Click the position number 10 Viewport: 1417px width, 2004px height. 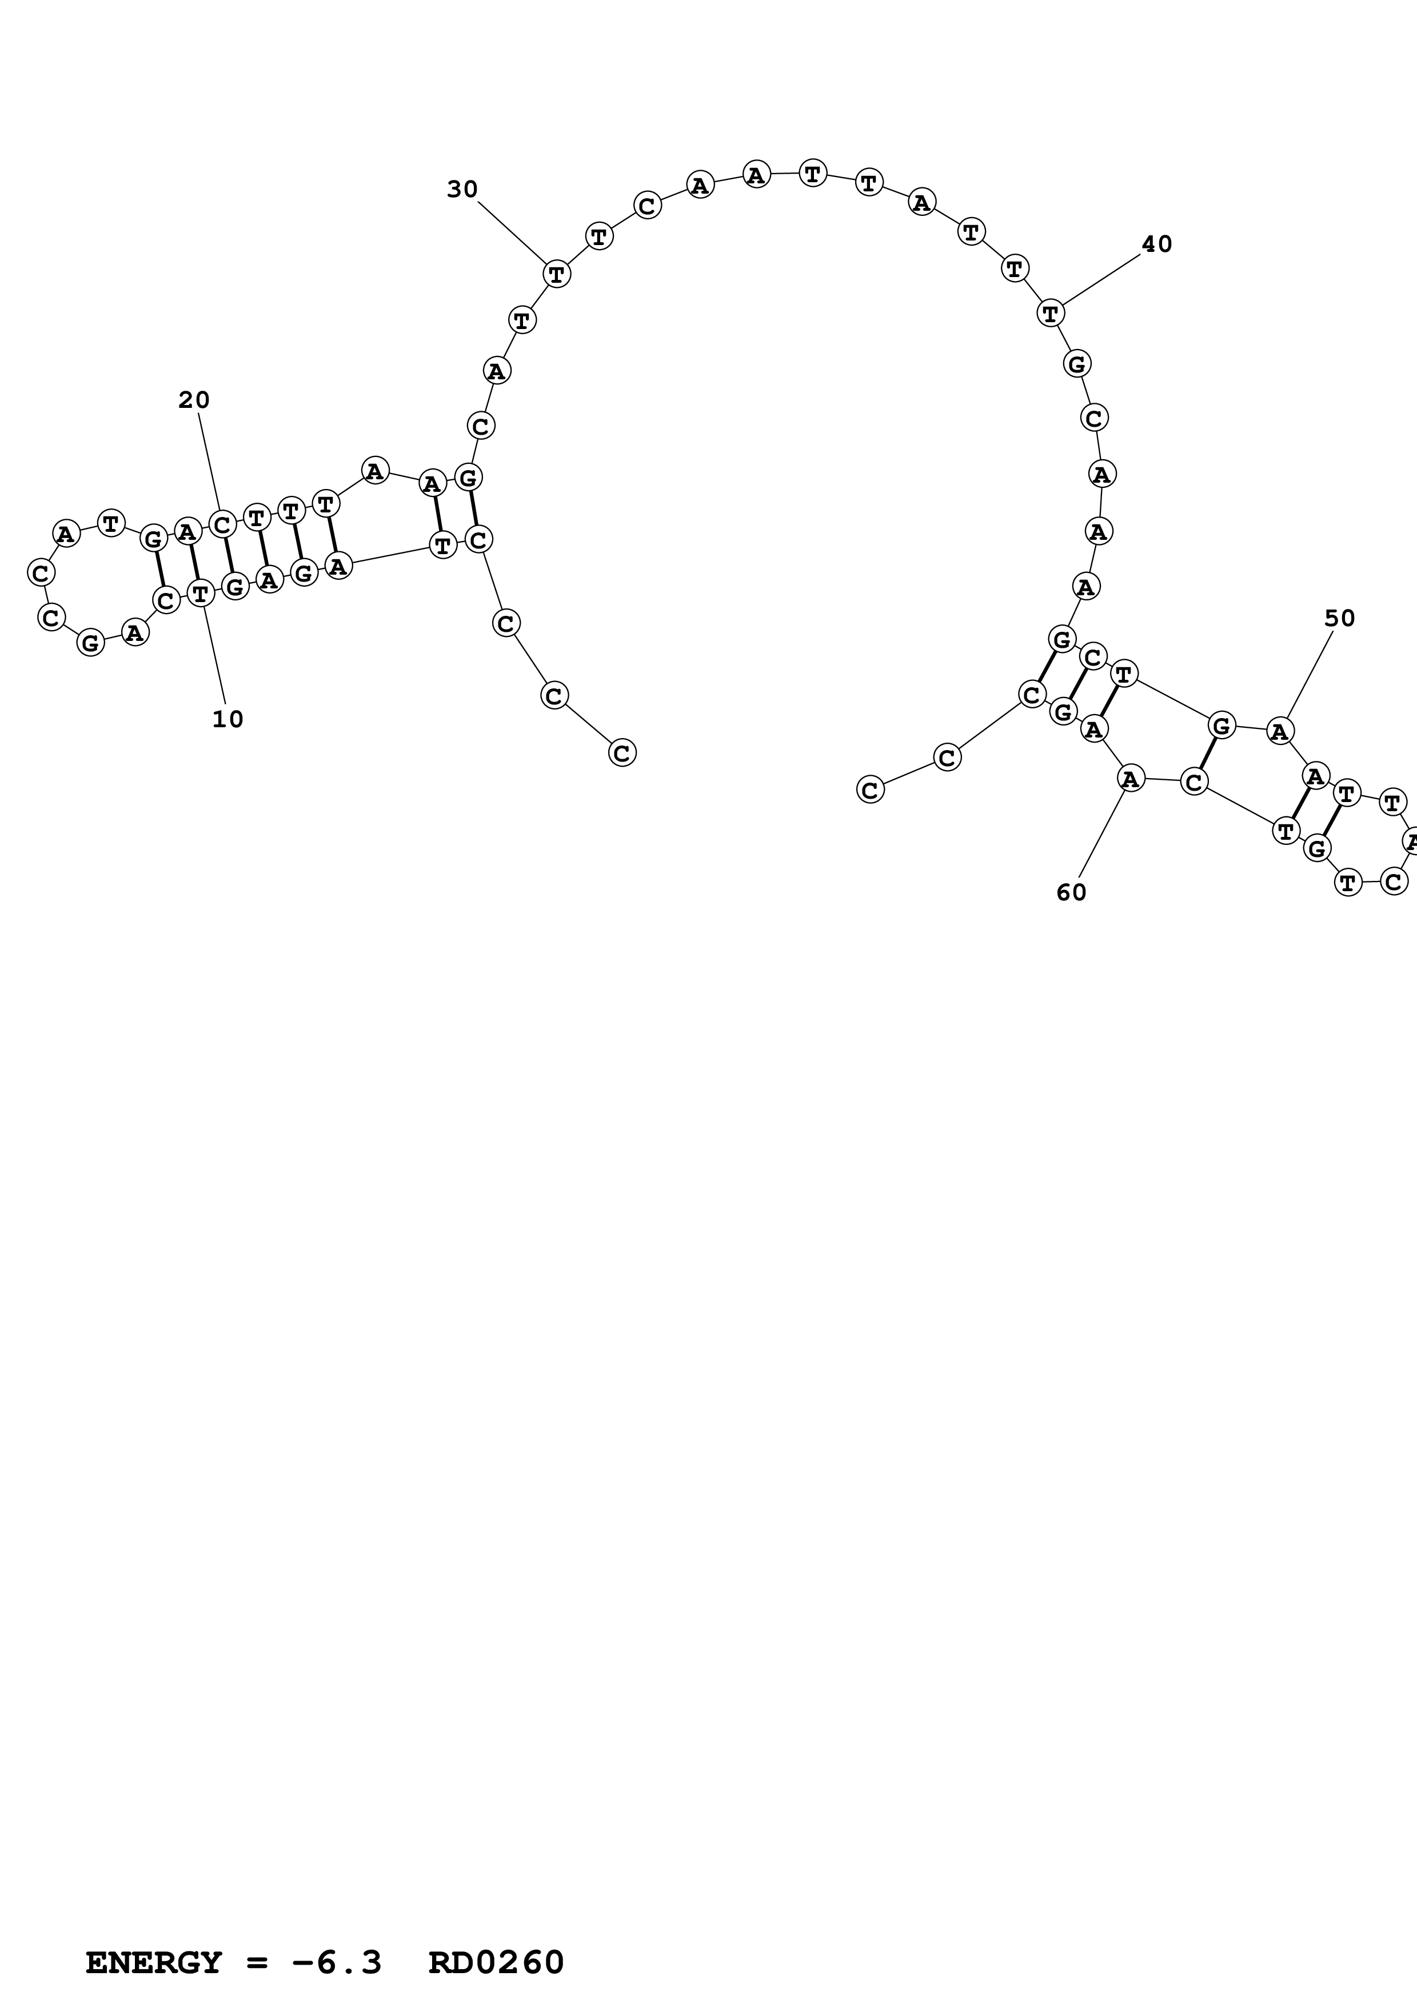pos(228,719)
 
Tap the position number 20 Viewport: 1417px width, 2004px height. pos(194,400)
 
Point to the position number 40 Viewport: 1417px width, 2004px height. pos(1157,245)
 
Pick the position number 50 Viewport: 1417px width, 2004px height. pos(1339,618)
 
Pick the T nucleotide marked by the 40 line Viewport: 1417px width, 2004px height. pos(1050,312)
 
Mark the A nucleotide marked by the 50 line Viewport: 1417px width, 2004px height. pos(1279,731)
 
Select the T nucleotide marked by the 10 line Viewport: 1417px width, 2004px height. pos(201,594)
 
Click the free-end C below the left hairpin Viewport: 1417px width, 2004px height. pos(622,752)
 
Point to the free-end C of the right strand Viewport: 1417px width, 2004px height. pos(869,790)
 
